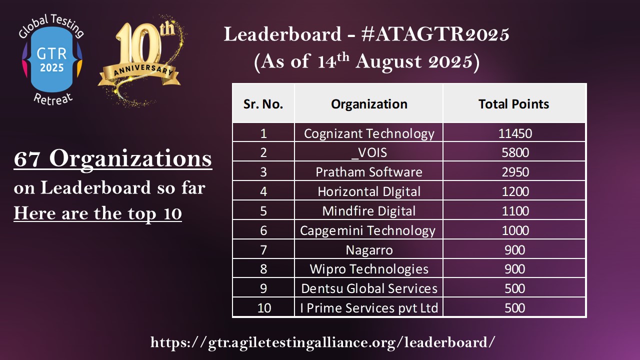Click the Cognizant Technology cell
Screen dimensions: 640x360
[369, 133]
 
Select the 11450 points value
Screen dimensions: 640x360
[515, 133]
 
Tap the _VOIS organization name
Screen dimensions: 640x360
[369, 153]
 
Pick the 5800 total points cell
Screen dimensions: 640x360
[515, 152]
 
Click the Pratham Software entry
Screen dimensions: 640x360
[369, 172]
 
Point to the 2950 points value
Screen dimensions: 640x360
[515, 172]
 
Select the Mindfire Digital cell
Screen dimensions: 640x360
[369, 211]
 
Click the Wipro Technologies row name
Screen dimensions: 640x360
[369, 269]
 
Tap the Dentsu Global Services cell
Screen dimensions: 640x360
[369, 288]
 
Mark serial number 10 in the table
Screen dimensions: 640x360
[264, 308]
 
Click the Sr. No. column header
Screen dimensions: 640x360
[263, 104]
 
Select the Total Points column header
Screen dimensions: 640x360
[513, 104]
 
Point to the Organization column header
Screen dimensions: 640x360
[369, 104]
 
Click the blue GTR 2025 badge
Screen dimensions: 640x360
[51, 59]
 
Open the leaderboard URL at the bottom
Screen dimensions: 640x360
[322, 342]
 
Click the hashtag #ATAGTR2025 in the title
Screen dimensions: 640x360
[435, 34]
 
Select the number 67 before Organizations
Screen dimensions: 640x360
[26, 159]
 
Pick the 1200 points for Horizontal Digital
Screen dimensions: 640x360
[515, 191]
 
